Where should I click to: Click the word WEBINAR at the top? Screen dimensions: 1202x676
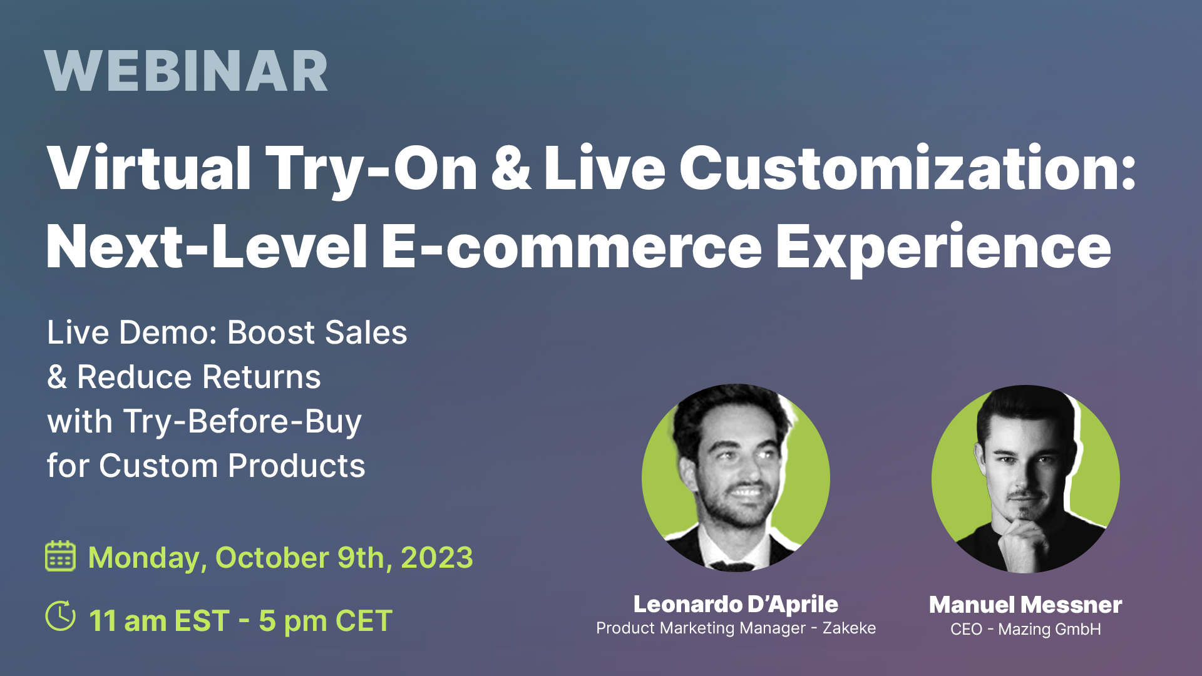click(186, 71)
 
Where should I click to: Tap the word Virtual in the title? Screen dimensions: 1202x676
click(149, 168)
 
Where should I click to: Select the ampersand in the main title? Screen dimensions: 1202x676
click(511, 168)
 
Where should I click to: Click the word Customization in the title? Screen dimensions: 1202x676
click(908, 168)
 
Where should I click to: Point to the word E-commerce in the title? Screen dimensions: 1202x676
click(572, 247)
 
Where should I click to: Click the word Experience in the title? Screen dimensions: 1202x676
click(943, 249)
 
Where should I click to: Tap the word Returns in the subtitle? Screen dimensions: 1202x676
click(261, 377)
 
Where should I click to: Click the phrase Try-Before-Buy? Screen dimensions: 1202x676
click(242, 422)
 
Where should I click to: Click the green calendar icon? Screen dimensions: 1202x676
click(61, 556)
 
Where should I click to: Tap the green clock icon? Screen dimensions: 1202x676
click(61, 616)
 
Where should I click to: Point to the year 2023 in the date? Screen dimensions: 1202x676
click(437, 558)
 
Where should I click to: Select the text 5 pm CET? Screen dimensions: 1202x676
click(326, 621)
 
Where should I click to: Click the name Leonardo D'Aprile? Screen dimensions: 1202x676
click(736, 604)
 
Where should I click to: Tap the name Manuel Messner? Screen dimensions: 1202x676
click(1025, 605)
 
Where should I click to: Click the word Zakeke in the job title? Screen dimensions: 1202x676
click(849, 628)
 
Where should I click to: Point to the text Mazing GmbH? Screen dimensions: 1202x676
click(1049, 629)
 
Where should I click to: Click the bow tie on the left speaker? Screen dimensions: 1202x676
click(732, 566)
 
